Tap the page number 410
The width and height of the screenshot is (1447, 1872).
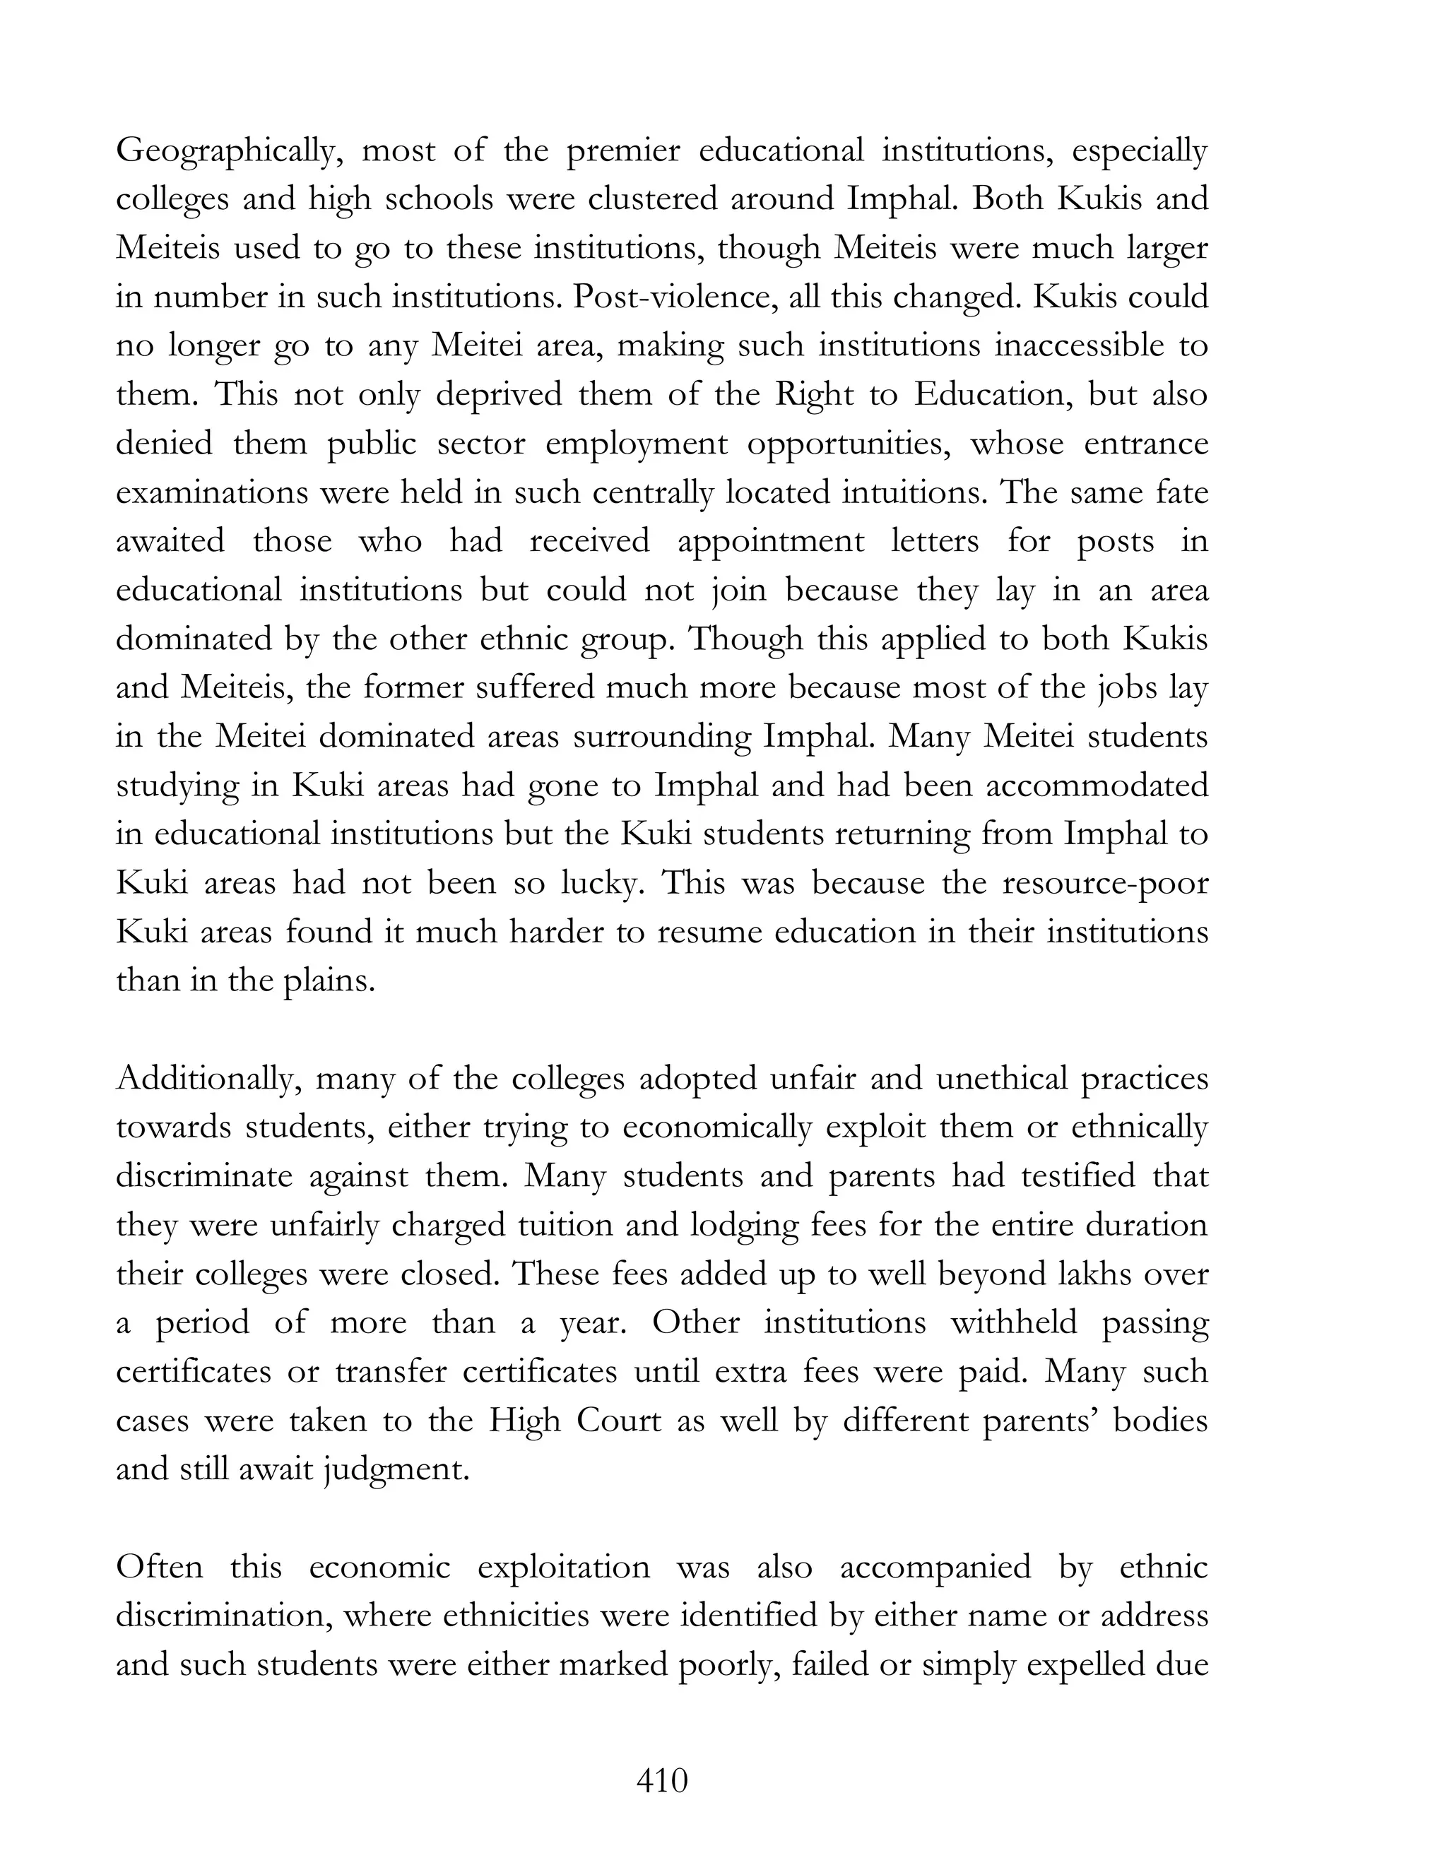click(662, 1781)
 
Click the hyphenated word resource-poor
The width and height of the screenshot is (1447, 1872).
click(1105, 884)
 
